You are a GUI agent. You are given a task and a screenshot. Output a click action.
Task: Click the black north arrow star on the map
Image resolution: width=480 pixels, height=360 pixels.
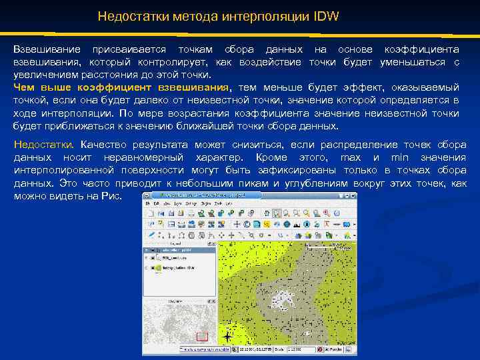(x=228, y=337)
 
